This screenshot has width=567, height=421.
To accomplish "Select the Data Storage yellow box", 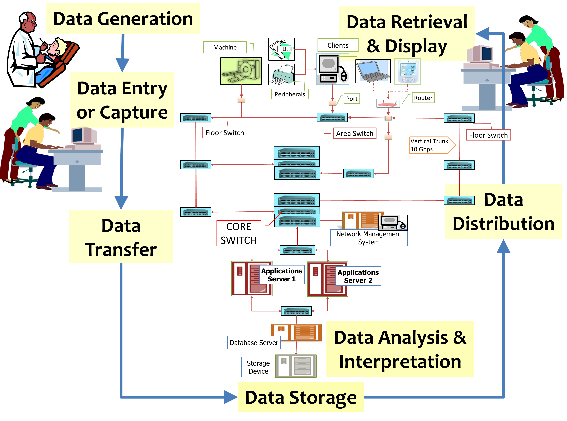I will coord(301,397).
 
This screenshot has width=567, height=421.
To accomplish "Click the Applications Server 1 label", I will coord(282,275).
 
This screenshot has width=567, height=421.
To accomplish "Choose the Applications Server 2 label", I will coord(358,276).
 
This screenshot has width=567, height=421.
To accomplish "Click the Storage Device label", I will coord(258,367).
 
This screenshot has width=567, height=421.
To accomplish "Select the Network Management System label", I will coord(369,238).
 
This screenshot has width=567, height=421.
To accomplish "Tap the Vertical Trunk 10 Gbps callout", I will coord(431,145).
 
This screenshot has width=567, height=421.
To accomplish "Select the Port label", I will coord(352,99).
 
